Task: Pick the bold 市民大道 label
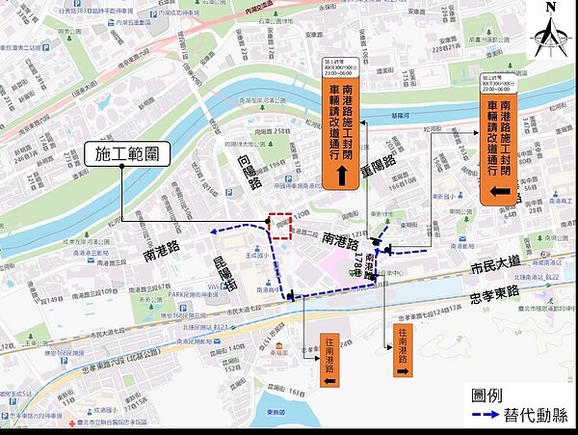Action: click(x=491, y=263)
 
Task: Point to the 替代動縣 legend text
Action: click(x=536, y=416)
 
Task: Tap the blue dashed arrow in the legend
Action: click(x=483, y=417)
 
